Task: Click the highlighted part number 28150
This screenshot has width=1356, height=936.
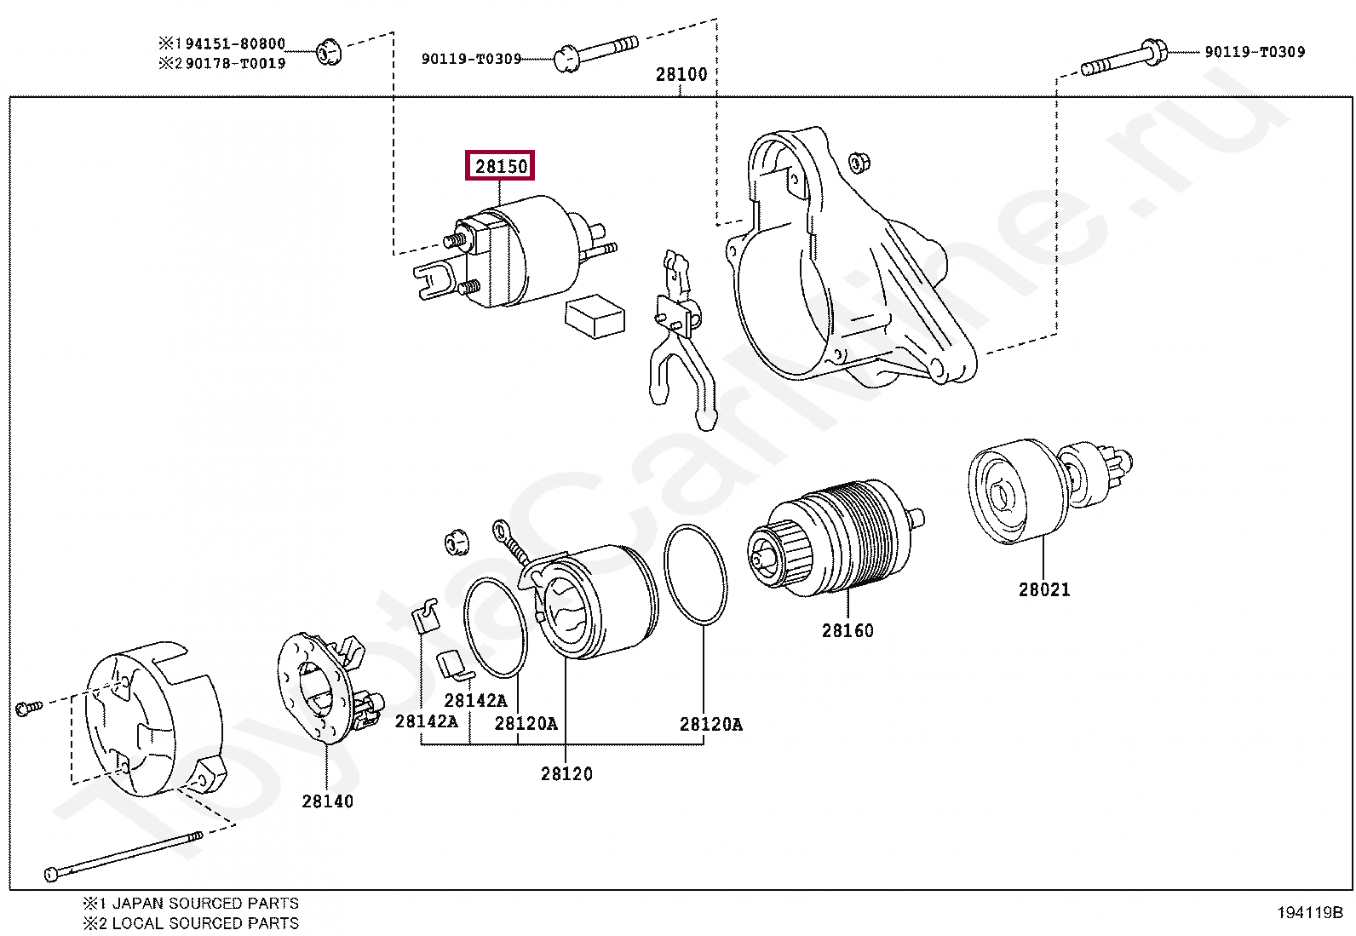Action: [x=501, y=166]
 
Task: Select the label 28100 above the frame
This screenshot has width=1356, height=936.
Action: [x=681, y=74]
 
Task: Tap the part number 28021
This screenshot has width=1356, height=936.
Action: [x=1043, y=589]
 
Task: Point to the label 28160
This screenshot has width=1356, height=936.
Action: [x=847, y=631]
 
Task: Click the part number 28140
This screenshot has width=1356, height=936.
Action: [x=326, y=801]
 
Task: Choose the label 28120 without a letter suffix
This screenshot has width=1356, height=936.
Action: [x=566, y=774]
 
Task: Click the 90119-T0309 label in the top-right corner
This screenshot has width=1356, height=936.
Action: [x=1254, y=52]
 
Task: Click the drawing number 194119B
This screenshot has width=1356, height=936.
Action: [x=1308, y=912]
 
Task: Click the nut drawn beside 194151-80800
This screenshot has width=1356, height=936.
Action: [x=328, y=53]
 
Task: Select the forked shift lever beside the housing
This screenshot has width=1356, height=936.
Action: [x=679, y=341]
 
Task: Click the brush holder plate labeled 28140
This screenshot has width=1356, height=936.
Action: [x=328, y=690]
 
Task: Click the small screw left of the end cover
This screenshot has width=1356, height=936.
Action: [x=26, y=706]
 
